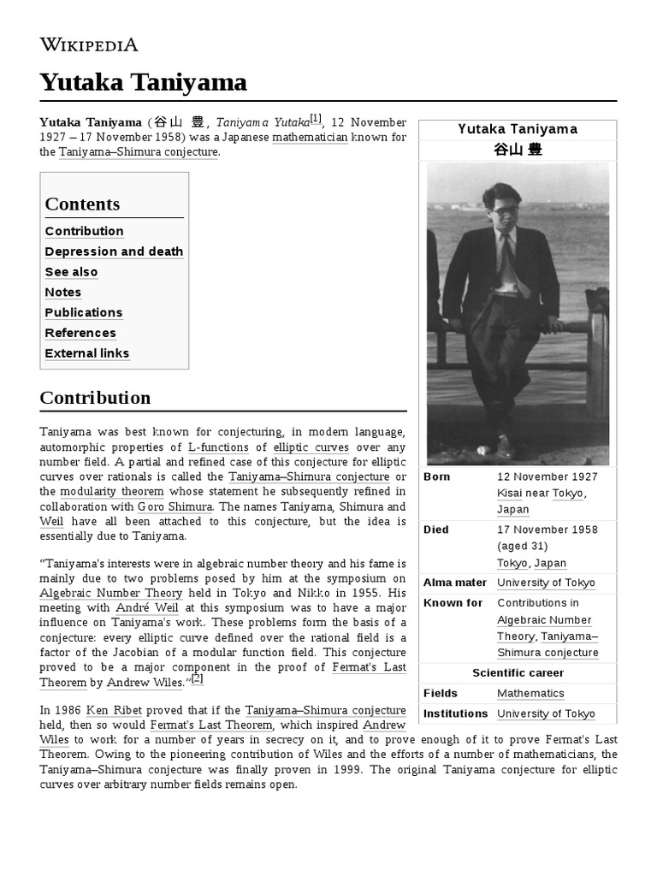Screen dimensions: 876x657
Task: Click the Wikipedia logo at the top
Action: [x=88, y=44]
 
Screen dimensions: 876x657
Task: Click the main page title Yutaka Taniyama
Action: [x=143, y=82]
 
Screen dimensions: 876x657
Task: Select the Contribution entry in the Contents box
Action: [x=84, y=231]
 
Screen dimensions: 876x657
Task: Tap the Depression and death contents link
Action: [x=114, y=252]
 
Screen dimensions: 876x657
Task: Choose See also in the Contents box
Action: [x=71, y=272]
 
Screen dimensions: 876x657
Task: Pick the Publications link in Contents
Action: [x=83, y=312]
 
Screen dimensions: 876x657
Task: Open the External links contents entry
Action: [x=86, y=353]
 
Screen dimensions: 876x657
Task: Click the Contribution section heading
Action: [x=95, y=398]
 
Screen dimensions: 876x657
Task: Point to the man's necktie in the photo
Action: [x=509, y=257]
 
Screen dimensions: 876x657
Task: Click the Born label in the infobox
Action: [x=436, y=476]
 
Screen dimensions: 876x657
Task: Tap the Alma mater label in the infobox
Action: [x=454, y=583]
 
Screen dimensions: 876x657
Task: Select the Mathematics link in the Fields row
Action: [x=530, y=693]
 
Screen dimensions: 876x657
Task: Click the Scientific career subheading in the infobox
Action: [x=518, y=672]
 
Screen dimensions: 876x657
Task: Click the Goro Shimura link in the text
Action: [x=175, y=506]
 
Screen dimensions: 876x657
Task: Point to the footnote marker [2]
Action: [x=197, y=679]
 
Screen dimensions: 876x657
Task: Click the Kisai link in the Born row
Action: [x=510, y=493]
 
